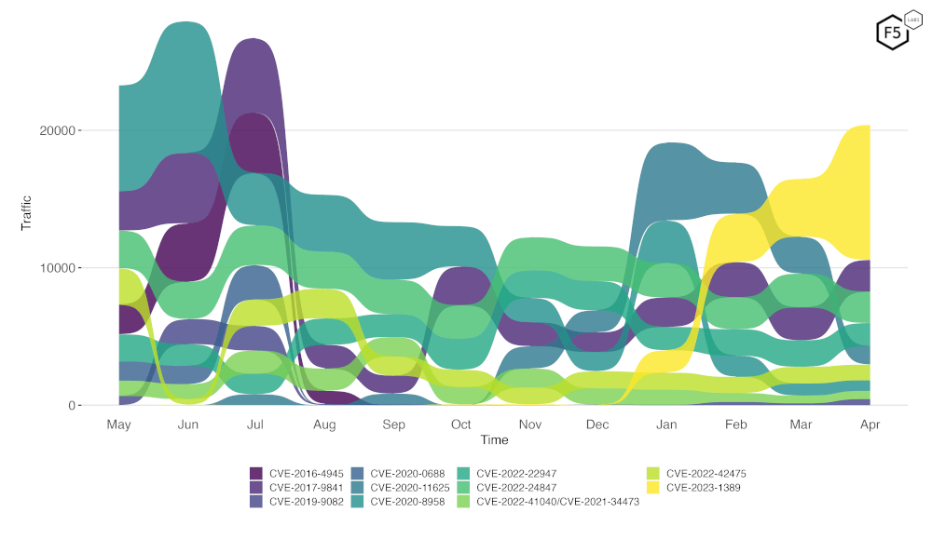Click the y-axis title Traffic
26,212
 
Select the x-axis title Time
494,439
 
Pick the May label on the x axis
118,424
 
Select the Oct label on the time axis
461,424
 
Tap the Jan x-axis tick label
666,424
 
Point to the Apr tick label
869,424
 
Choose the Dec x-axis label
597,424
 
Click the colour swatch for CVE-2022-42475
652,473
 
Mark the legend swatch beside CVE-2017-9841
256,487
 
